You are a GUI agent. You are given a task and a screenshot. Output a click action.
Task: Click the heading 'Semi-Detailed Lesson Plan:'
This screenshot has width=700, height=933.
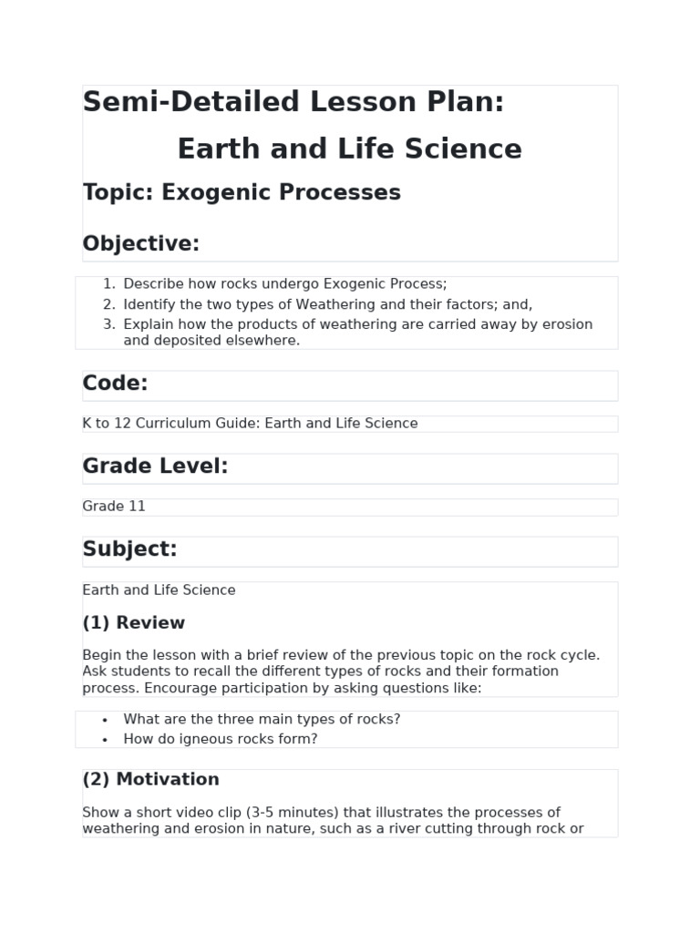293,102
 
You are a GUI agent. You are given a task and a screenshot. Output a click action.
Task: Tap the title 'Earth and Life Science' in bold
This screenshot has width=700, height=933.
349,149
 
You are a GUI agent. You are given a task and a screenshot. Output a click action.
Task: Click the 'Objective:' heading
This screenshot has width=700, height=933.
140,243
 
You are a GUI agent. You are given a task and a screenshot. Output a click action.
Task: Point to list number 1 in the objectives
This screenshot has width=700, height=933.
108,284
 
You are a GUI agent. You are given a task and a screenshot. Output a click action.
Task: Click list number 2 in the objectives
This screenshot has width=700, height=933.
108,304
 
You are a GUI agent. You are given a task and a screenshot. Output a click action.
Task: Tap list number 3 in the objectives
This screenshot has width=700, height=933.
108,324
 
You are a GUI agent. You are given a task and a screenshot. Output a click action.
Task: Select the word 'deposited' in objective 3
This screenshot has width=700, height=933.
188,341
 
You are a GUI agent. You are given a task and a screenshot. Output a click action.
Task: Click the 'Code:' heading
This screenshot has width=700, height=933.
115,384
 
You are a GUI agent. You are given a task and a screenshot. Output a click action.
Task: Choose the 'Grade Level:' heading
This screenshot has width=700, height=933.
155,466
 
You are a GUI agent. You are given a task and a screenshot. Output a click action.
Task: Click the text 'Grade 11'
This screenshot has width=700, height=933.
114,507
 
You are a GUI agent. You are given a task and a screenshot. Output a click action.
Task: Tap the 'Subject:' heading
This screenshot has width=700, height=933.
129,549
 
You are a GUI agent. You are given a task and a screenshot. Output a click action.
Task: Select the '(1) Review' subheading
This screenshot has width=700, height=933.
133,623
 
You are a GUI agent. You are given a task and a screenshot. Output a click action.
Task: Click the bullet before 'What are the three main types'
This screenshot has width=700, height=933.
106,720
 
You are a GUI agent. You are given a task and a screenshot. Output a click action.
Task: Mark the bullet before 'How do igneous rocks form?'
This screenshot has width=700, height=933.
106,740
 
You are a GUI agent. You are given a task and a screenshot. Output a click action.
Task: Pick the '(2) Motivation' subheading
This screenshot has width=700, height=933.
150,779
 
